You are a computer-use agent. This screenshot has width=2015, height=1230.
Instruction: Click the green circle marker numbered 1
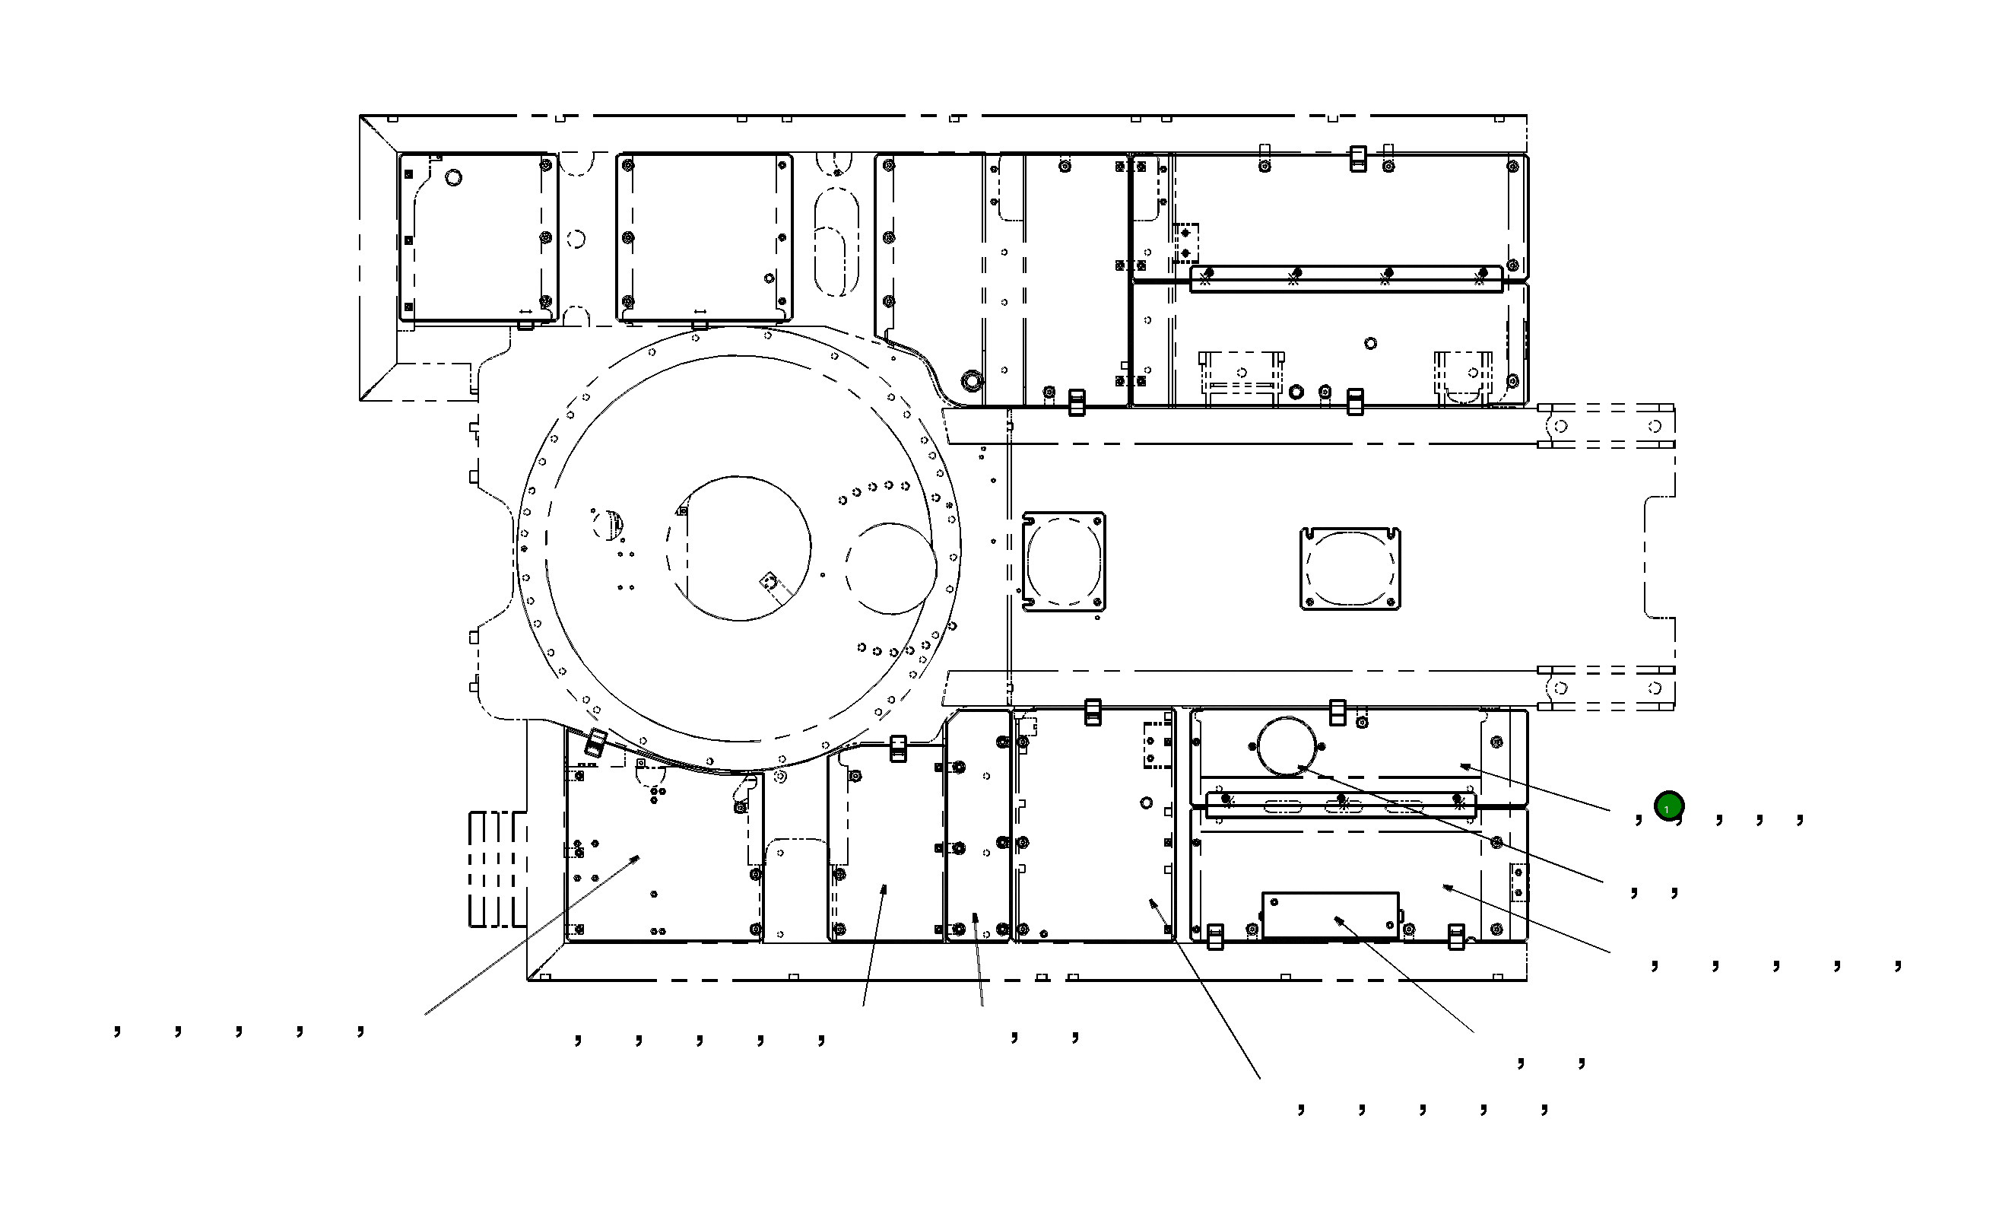1668,806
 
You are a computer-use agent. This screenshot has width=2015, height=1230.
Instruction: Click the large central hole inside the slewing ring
739,548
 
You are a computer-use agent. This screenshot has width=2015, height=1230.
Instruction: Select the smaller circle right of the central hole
890,568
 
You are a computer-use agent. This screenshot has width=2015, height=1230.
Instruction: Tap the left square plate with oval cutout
1063,562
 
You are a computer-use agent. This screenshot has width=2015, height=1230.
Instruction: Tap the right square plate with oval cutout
1350,568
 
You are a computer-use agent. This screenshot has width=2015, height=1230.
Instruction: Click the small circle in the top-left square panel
453,177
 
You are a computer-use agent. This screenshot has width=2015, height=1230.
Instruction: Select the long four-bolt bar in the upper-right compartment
1345,279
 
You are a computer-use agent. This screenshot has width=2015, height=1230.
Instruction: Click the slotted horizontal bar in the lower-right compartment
1341,804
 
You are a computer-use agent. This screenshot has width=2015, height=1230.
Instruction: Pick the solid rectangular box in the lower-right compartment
1330,914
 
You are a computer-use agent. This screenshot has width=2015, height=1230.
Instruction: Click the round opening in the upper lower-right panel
1287,745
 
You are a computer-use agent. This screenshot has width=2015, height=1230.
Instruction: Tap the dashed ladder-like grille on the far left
496,869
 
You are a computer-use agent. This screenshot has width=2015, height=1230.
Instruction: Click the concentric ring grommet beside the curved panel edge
972,380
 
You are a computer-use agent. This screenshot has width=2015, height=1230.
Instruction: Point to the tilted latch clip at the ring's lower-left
595,742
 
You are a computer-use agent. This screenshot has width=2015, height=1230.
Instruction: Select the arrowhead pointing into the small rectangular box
1338,920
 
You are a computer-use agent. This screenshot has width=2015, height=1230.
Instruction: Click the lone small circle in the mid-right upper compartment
1371,344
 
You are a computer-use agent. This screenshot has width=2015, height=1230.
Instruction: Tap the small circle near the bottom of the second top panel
769,278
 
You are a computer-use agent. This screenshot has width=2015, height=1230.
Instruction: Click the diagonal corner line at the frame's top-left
379,134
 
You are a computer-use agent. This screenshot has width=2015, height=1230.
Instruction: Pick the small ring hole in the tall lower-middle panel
1146,803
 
